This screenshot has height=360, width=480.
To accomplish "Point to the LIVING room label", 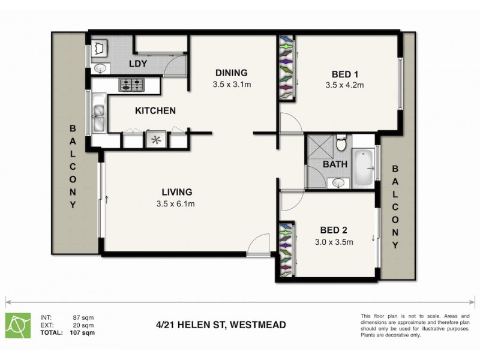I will pos(176,192).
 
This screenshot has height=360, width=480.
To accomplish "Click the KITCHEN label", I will pos(155,110).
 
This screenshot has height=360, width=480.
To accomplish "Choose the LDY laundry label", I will pos(139,64).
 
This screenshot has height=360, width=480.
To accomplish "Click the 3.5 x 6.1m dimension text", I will pos(176,204).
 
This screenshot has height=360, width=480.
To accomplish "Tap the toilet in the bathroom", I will pos(341,144).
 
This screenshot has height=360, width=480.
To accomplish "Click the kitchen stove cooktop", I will pos(132,85).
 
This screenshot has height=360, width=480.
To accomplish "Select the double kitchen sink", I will pos(98,118).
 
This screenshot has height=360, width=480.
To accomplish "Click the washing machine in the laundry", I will pos(100,47).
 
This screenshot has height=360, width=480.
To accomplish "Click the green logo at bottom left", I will pos(19,325).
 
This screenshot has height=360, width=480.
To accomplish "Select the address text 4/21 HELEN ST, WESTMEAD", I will pos(217,325).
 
